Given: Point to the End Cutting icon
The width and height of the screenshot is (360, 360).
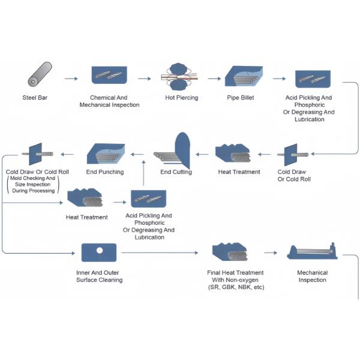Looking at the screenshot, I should click(174, 152).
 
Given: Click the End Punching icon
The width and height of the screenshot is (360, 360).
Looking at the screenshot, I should click(106, 154).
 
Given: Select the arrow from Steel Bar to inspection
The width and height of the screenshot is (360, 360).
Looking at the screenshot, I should click(71, 79).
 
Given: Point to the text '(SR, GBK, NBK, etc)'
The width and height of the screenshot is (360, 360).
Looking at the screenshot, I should click(235, 287).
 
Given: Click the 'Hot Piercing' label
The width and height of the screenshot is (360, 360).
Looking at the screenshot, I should click(181, 98).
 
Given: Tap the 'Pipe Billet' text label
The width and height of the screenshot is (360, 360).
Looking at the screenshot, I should click(242, 98).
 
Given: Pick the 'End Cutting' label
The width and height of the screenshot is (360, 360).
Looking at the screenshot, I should click(176, 172).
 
